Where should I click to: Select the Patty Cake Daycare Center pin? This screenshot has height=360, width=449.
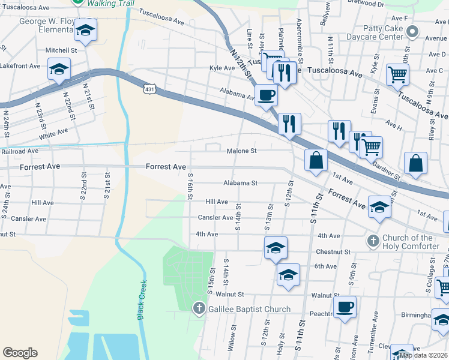pos(411,31)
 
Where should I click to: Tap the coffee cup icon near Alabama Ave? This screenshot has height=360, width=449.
pos(266,94)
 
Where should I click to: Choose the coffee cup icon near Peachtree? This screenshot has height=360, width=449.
pos(345,307)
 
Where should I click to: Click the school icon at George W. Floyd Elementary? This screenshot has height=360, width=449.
pos(86,31)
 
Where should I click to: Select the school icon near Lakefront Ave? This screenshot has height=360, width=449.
pos(59,70)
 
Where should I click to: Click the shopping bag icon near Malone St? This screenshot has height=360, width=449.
pos(316,160)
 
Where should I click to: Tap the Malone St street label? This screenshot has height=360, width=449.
pos(241,151)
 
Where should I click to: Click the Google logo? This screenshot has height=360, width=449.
pos(20,353)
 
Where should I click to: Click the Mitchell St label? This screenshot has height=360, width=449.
pos(65,50)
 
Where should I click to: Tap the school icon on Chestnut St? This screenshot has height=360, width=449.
pos(276,247)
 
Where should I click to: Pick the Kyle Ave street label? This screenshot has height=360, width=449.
pos(221,68)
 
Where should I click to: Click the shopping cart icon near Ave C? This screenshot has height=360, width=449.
pos(397,74)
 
